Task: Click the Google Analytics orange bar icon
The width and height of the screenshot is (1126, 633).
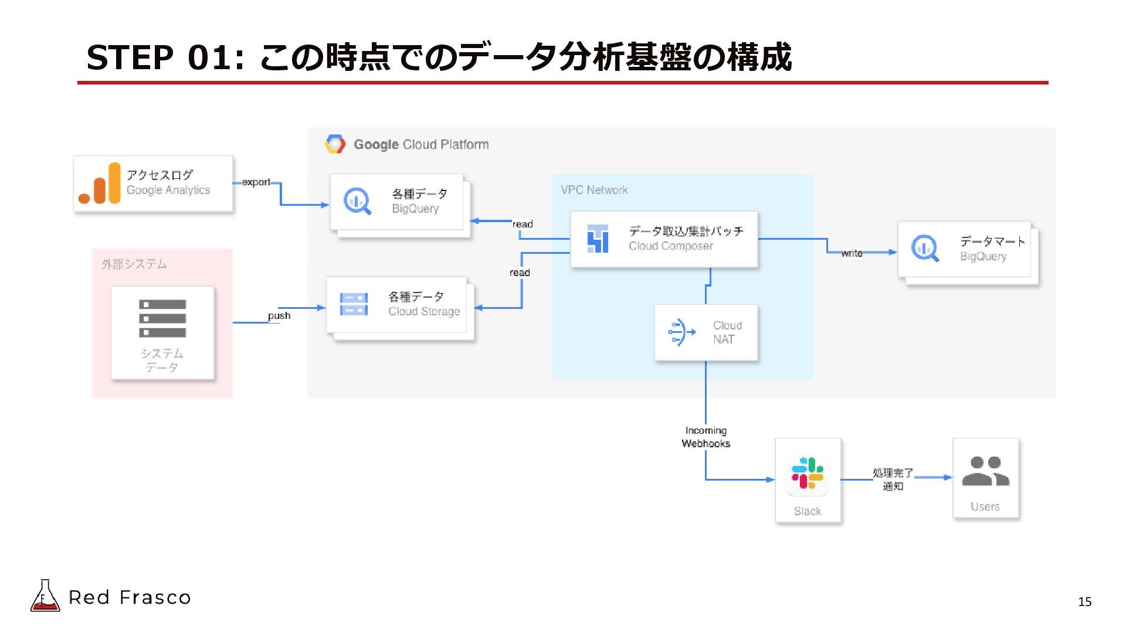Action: coord(100,183)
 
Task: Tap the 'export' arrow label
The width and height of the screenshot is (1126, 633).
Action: coord(256,182)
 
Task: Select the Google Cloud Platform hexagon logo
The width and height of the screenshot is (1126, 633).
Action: coord(335,144)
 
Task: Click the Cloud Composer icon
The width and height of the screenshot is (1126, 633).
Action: coord(598,239)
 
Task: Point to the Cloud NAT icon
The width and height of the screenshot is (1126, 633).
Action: coord(681,332)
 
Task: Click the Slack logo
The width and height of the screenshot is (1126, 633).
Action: coord(807,473)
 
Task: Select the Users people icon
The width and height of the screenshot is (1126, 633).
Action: coord(985,471)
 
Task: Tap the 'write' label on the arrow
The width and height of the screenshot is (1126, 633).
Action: coord(852,253)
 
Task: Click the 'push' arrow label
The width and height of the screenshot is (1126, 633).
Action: coord(279,316)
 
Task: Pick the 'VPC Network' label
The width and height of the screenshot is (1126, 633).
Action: coord(593,190)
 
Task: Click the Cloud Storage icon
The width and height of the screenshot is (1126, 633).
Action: coord(354,304)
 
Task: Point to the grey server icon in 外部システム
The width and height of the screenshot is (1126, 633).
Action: coord(162,318)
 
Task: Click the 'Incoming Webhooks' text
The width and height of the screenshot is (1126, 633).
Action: coord(706,437)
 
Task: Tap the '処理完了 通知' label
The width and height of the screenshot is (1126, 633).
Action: coord(893,479)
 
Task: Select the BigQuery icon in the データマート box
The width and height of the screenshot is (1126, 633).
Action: coord(925,248)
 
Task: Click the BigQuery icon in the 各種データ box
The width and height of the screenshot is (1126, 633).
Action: coord(357,201)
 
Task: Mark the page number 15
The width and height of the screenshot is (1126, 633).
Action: coord(1084,602)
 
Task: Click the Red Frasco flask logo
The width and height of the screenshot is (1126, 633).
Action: coord(45,596)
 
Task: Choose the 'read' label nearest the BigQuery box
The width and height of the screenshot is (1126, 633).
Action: coord(523,224)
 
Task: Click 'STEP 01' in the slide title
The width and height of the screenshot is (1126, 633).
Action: coord(158,57)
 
